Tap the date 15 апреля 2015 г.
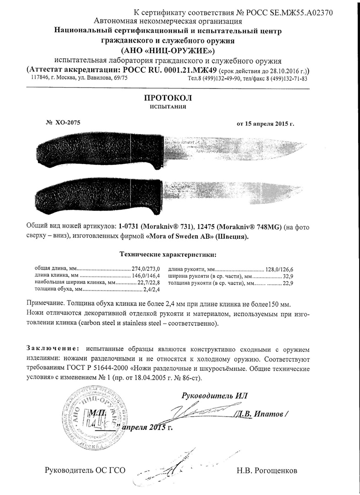265,124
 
